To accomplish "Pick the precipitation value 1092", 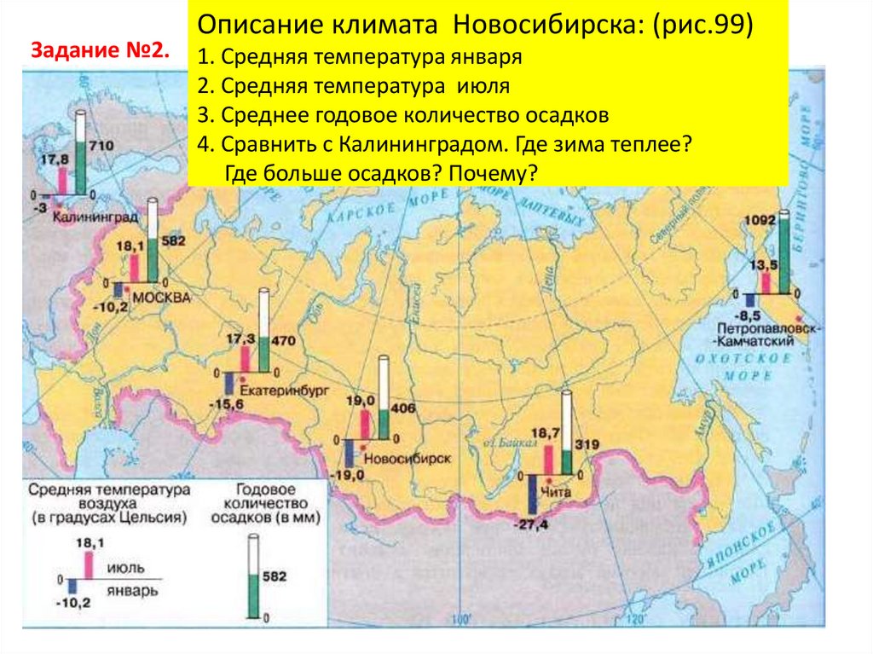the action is click(760, 217).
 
